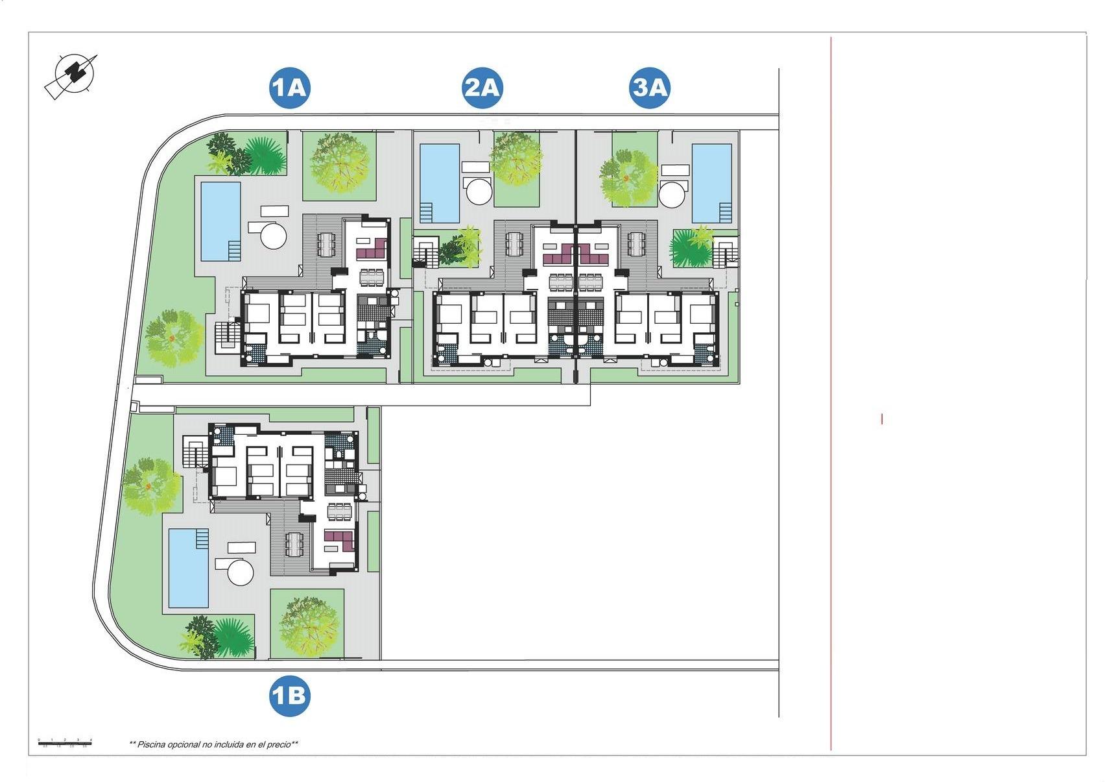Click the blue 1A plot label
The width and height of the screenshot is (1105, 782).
290,88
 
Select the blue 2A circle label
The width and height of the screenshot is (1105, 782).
482,88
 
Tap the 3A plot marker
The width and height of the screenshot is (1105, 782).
650,88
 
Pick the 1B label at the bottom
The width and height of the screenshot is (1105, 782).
290,696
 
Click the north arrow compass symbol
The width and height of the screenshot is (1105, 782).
73,75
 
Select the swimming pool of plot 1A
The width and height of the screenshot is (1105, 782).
220,221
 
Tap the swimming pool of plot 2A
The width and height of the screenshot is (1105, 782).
440,183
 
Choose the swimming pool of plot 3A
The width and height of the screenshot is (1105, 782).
712,183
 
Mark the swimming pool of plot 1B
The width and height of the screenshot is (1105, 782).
189,568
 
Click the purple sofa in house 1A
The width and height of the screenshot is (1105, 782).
372,249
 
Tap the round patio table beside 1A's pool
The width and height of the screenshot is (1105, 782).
274,234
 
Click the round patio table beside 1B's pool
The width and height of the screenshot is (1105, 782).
240,572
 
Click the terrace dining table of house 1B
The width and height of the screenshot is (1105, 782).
294,544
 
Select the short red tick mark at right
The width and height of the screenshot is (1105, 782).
882,419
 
